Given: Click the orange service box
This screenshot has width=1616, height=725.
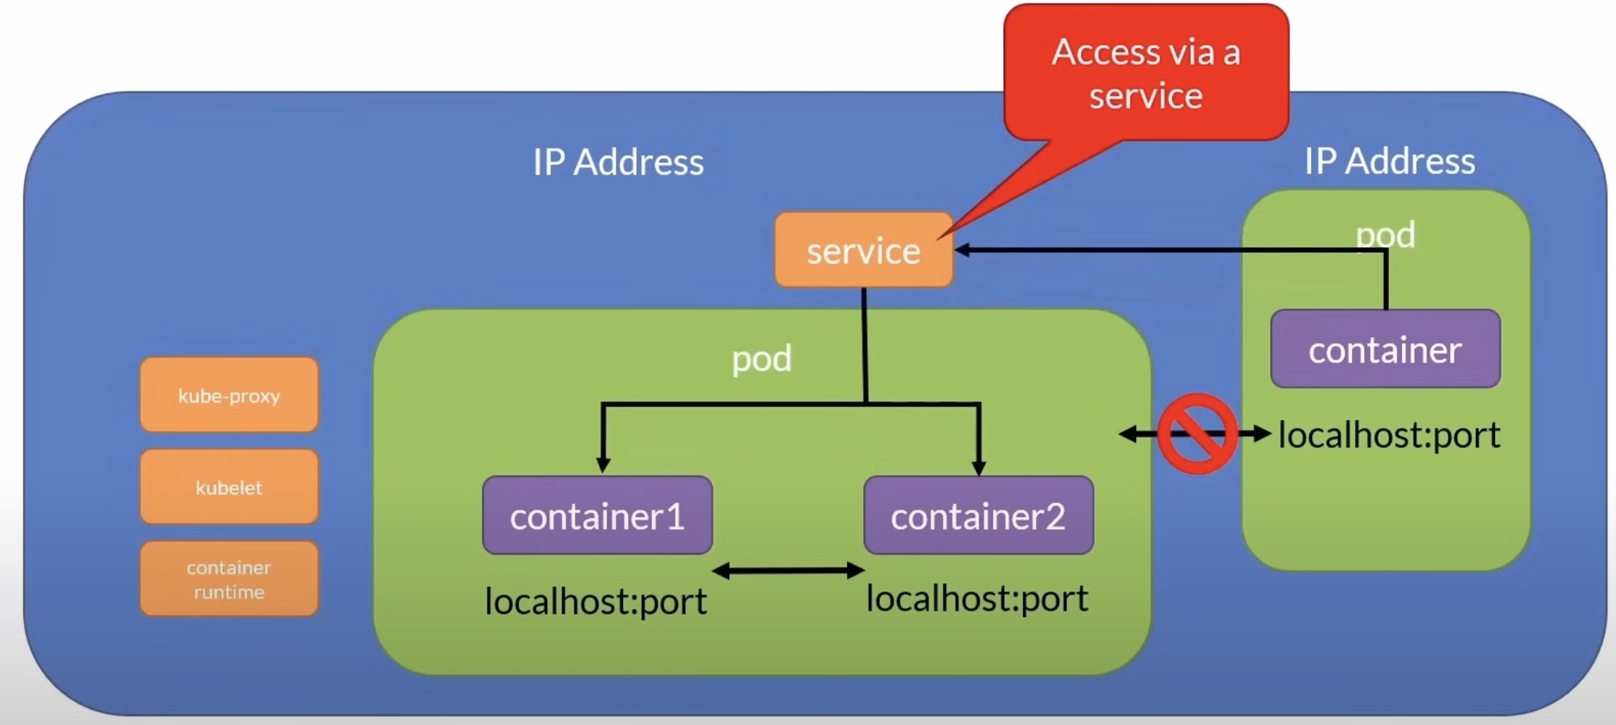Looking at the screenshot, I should click(x=863, y=250).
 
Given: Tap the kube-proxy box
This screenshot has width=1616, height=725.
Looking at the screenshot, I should click(x=229, y=395).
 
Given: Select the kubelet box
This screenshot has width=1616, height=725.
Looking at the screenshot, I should click(x=229, y=487).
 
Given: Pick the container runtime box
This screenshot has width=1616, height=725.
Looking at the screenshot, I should click(x=229, y=579).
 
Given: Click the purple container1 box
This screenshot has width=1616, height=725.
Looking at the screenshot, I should click(x=597, y=515).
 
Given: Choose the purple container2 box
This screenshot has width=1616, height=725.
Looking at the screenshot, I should click(x=978, y=515).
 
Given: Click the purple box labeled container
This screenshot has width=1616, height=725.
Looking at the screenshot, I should click(x=1385, y=349).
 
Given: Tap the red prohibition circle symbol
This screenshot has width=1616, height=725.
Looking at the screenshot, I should click(x=1197, y=434).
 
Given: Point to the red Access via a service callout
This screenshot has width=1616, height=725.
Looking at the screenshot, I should click(x=1146, y=73).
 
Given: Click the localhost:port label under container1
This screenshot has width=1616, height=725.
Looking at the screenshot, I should click(x=595, y=601).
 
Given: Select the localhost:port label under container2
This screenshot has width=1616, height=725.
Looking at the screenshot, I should click(x=977, y=598).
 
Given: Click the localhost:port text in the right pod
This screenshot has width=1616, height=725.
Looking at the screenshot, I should click(x=1389, y=435).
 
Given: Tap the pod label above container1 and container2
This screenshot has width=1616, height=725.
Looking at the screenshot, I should click(x=761, y=358).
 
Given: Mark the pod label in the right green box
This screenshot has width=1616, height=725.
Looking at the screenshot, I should click(x=1385, y=234).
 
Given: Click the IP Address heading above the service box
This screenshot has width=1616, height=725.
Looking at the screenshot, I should click(x=618, y=162).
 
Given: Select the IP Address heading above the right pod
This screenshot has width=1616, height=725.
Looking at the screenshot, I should click(x=1389, y=160).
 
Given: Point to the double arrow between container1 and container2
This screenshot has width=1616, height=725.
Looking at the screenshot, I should click(x=788, y=571).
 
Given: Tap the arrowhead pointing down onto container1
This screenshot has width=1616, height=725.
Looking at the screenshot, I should click(x=603, y=465).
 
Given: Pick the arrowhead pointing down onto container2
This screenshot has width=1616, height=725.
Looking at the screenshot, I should click(x=978, y=468).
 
